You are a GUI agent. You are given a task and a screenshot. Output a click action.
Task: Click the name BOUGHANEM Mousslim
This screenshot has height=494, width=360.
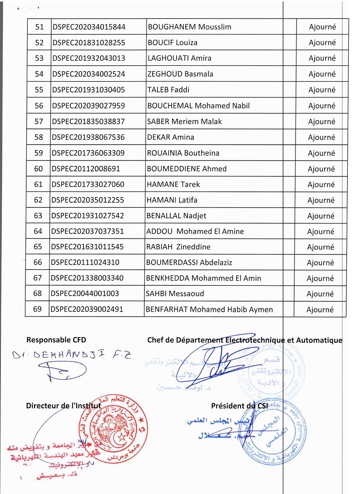(x=189, y=27)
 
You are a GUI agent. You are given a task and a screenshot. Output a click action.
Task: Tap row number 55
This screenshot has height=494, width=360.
(x=39, y=90)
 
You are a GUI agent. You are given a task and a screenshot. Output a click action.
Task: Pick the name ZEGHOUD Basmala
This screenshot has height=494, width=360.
(x=180, y=74)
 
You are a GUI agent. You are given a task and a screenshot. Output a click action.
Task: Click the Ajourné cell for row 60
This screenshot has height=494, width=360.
(x=321, y=169)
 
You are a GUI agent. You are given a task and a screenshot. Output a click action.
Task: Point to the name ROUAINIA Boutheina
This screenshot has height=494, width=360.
(x=183, y=153)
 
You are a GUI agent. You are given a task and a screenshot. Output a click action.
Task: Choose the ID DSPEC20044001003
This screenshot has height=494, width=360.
(x=85, y=293)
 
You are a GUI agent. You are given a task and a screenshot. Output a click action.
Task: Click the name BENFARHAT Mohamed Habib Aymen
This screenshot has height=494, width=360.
(x=209, y=309)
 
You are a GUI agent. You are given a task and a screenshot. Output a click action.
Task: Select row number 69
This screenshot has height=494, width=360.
(x=38, y=309)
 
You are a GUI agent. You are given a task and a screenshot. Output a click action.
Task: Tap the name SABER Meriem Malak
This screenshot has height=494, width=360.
(x=184, y=122)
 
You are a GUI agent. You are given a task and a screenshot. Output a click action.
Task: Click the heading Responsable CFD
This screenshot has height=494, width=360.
(x=56, y=340)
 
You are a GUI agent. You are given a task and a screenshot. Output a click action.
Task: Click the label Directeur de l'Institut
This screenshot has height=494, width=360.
(x=64, y=406)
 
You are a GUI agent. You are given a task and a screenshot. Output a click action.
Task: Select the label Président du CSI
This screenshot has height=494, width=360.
(x=240, y=406)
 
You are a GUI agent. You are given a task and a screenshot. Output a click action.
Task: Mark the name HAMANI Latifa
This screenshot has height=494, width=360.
(x=172, y=200)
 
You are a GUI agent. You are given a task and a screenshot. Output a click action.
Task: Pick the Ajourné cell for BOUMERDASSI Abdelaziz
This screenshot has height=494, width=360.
(x=321, y=263)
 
